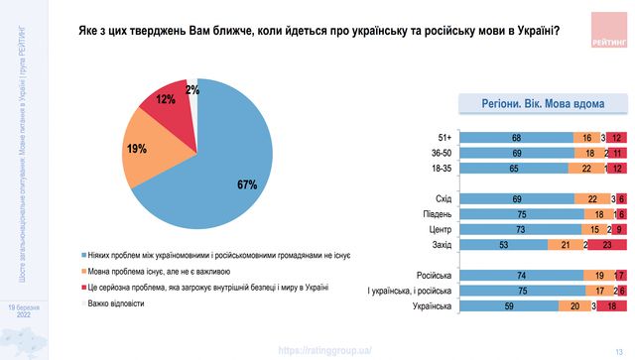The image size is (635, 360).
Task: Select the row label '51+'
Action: (x=444, y=138)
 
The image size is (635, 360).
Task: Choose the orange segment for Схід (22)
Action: (x=592, y=199)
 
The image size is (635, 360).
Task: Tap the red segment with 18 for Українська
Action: (x=611, y=307)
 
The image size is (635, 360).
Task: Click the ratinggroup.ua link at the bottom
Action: (x=327, y=349)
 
